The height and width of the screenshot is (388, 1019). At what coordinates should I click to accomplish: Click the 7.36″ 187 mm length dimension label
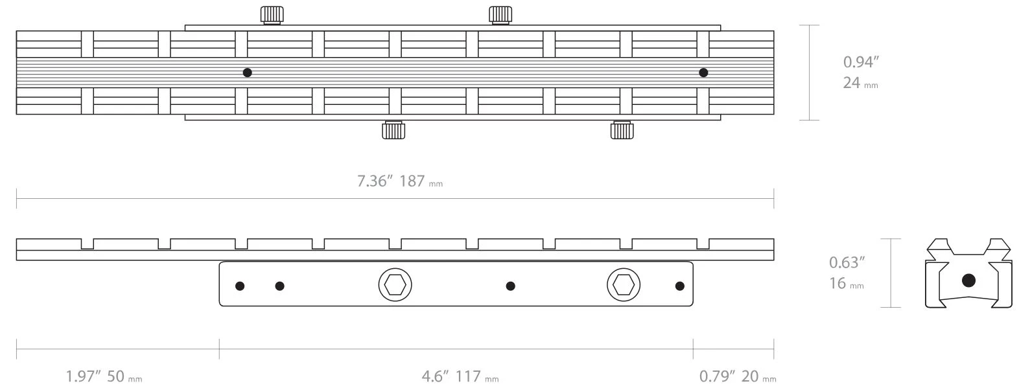click(400, 181)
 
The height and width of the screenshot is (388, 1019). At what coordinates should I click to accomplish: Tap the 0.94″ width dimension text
click(861, 62)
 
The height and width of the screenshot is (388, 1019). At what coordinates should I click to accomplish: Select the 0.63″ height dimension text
click(847, 262)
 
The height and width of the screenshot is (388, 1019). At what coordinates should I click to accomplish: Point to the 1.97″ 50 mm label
click(104, 376)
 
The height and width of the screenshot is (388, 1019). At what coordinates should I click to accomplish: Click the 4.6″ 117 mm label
click(460, 376)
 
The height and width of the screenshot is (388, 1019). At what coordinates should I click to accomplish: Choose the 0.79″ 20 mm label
click(738, 376)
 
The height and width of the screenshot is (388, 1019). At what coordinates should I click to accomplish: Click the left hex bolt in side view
click(395, 285)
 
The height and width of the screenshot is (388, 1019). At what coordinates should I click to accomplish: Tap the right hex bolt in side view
click(623, 285)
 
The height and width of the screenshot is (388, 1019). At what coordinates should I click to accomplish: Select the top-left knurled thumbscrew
click(272, 15)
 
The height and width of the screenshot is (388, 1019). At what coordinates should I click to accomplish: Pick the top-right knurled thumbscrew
click(500, 15)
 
